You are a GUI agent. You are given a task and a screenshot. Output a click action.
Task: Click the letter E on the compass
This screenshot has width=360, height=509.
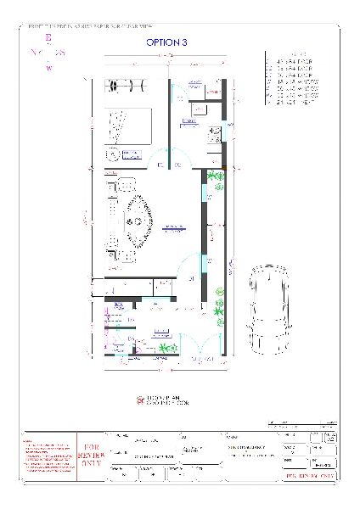pos(48,38)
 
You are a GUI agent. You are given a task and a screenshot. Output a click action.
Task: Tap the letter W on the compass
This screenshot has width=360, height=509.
pos(48,68)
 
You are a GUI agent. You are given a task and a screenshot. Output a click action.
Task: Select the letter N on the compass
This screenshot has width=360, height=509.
pos(32,53)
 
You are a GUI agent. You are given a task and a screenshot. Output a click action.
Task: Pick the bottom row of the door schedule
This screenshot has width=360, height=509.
pos(292,102)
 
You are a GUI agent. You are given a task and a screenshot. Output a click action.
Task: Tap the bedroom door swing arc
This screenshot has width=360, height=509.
pos(161,158)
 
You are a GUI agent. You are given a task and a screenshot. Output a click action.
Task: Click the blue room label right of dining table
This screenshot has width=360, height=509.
pos(176,227)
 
